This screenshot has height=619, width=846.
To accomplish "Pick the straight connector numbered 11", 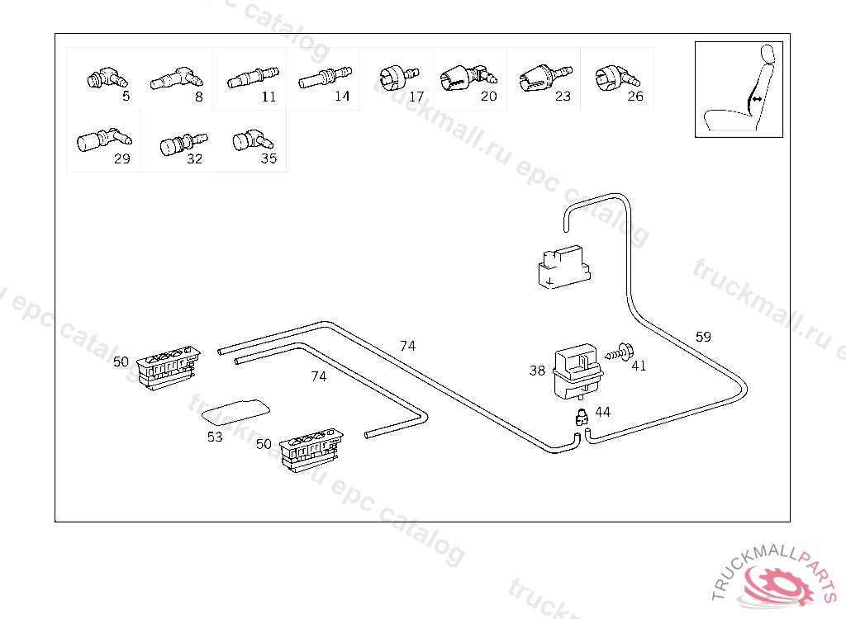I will (x=250, y=79).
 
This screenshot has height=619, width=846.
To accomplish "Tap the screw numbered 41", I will (x=618, y=352).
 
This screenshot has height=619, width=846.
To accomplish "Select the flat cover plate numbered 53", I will (x=235, y=409).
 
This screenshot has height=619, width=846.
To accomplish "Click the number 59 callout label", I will (x=703, y=337).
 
